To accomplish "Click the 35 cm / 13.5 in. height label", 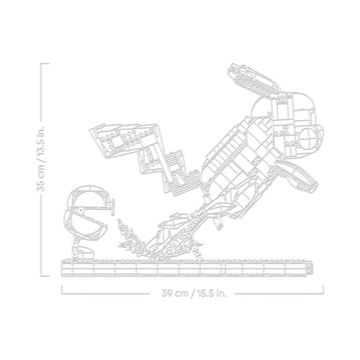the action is click(41, 158).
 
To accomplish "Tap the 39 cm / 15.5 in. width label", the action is click(194, 293).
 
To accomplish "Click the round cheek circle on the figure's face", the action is click(308, 137).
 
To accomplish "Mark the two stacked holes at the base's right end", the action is click(309, 268).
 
